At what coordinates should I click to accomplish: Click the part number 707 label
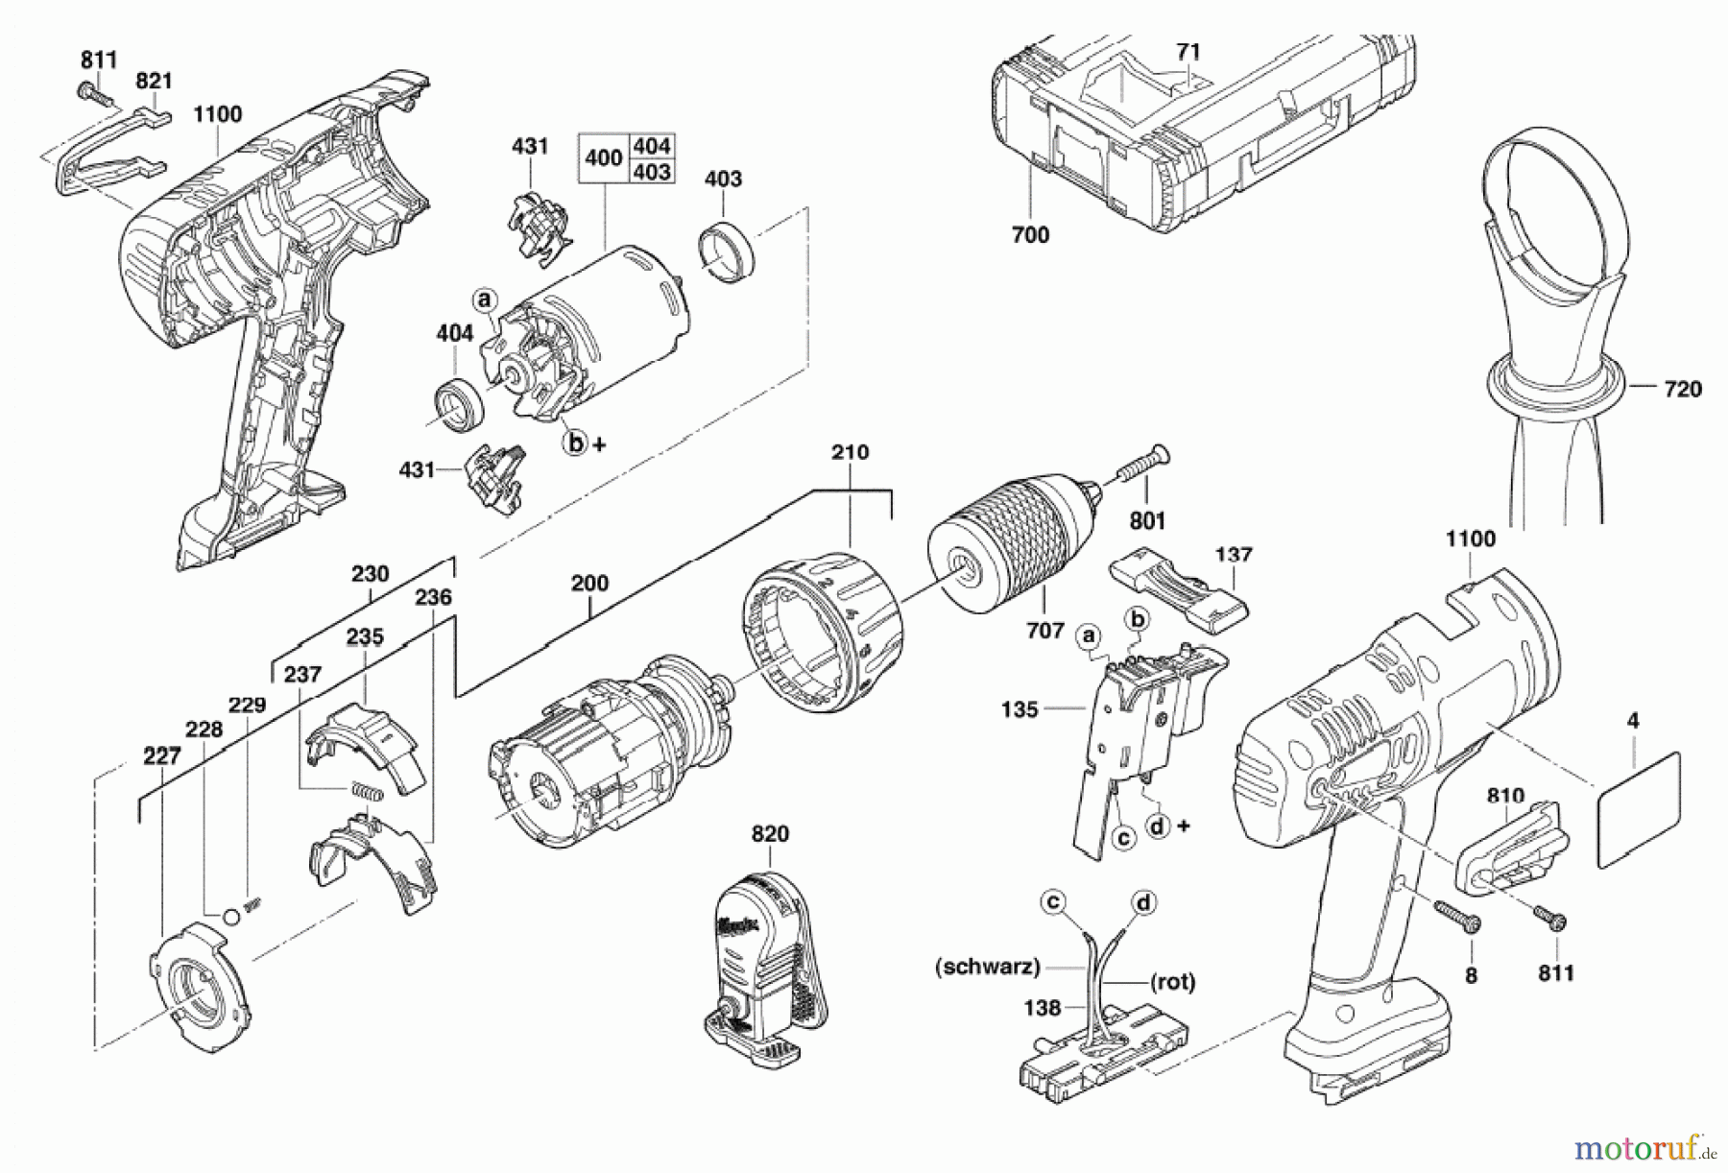tap(1044, 631)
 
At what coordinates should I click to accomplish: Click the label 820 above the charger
tap(770, 834)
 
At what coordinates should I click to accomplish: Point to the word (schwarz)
tap(987, 967)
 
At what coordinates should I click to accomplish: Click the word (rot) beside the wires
tap(1171, 982)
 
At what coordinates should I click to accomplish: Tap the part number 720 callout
tap(1681, 389)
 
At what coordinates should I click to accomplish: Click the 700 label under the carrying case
tap(1030, 234)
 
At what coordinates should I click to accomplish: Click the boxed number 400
tap(603, 157)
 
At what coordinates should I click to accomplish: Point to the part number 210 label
tap(850, 452)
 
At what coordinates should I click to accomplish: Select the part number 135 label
tap(1019, 709)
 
